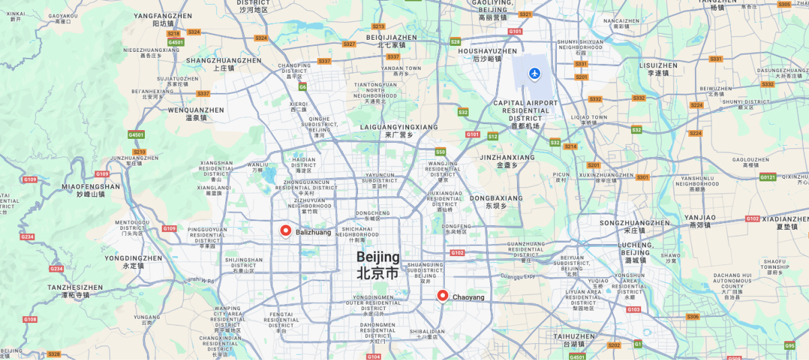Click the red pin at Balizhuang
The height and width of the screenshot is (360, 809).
pyautogui.click(x=286, y=231)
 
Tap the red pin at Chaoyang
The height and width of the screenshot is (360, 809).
pyautogui.click(x=443, y=295)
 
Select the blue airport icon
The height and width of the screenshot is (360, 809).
pyautogui.click(x=535, y=73)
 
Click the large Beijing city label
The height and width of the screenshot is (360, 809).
pyautogui.click(x=378, y=265)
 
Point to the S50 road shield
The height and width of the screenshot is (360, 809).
pyautogui.click(x=440, y=152)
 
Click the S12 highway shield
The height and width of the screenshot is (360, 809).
pyautogui.click(x=493, y=136)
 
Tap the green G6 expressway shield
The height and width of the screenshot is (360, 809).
pyautogui.click(x=303, y=87)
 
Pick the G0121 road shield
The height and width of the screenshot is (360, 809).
pyautogui.click(x=767, y=177)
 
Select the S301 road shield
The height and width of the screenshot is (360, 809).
pyautogui.click(x=642, y=177)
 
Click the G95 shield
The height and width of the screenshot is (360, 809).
pyautogui.click(x=789, y=346)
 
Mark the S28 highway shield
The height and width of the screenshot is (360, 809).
pyautogui.click(x=456, y=42)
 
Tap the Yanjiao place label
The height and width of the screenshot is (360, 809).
pyautogui.click(x=700, y=218)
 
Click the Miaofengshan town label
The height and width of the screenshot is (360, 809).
pyautogui.click(x=90, y=187)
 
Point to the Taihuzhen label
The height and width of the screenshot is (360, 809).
pyautogui.click(x=574, y=336)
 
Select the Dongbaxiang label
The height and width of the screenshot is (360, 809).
pyautogui.click(x=496, y=199)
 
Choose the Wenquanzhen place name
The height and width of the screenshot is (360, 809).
pyautogui.click(x=196, y=110)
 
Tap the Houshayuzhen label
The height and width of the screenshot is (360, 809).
pyautogui.click(x=487, y=51)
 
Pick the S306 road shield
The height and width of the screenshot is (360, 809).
pyautogui.click(x=693, y=316)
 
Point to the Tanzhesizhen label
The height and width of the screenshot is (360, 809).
pyautogui.click(x=75, y=288)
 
